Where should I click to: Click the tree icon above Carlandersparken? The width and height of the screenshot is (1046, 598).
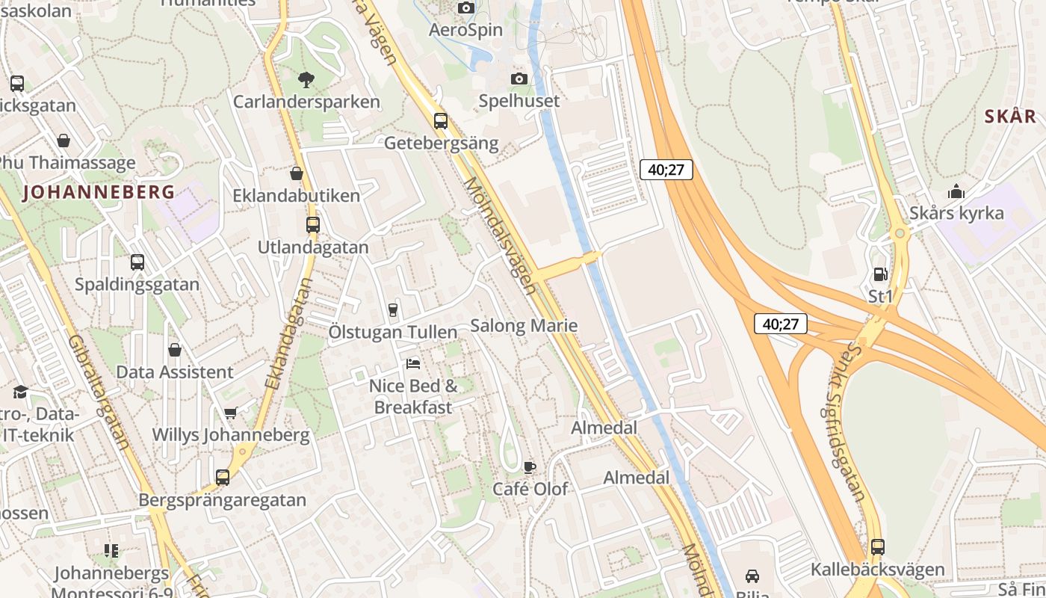click(306, 79)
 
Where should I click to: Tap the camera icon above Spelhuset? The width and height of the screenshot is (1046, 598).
click(519, 78)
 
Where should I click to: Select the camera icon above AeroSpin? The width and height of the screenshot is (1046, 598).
click(466, 7)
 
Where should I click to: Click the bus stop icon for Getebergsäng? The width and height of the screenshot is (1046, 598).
click(441, 120)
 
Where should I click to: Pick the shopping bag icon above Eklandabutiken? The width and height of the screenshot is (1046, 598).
click(297, 173)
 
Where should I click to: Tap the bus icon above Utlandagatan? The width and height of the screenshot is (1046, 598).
click(313, 224)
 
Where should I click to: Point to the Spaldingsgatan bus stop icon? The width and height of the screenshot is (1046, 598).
click(137, 262)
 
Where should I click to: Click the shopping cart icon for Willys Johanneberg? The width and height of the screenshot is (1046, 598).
click(231, 413)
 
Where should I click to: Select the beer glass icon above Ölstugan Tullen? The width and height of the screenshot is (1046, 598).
click(393, 310)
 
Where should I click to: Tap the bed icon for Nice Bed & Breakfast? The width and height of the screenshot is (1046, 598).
click(413, 364)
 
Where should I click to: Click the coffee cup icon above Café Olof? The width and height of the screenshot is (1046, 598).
click(530, 467)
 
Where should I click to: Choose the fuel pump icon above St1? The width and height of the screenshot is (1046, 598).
click(881, 275)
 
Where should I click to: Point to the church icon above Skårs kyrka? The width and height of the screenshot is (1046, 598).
click(956, 191)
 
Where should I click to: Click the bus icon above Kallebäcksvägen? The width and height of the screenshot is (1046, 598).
click(878, 547)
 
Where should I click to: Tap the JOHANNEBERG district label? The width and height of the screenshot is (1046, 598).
click(99, 192)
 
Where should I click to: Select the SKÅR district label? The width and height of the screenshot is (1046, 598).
click(1010, 117)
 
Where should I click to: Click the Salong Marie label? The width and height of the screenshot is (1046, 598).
click(524, 326)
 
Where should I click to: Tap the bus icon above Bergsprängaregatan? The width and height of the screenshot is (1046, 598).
click(223, 477)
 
